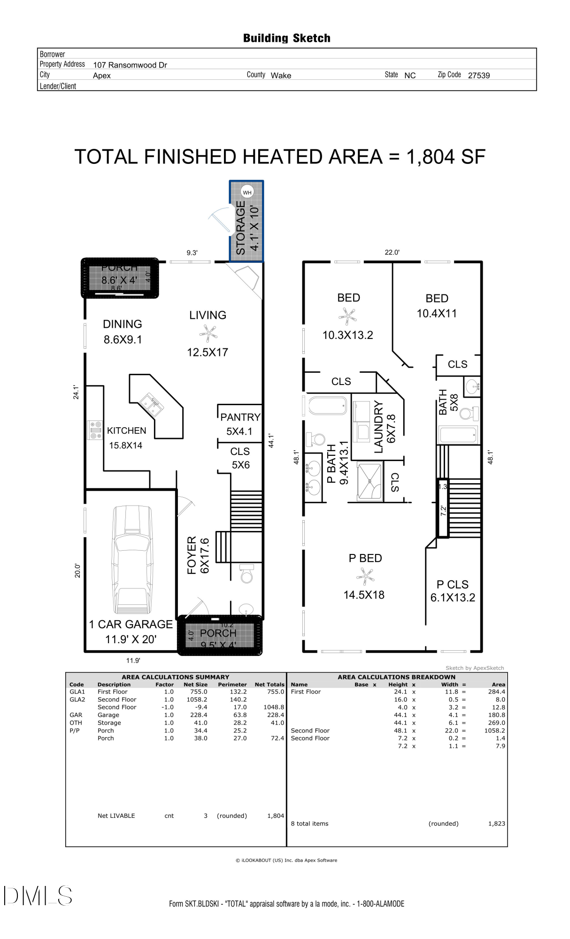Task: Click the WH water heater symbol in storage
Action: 247,192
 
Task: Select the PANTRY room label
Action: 240,417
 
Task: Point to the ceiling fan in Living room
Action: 208,334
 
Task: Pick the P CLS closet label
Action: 452,585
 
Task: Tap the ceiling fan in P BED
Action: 365,576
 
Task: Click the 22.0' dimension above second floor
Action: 392,253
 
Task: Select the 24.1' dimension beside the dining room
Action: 76,392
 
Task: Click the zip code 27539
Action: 478,76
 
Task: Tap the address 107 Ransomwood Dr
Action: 130,65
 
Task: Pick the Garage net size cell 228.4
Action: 199,715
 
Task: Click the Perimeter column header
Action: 232,685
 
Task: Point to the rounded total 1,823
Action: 496,824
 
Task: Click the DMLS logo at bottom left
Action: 38,895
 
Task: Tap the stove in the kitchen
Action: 96,430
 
